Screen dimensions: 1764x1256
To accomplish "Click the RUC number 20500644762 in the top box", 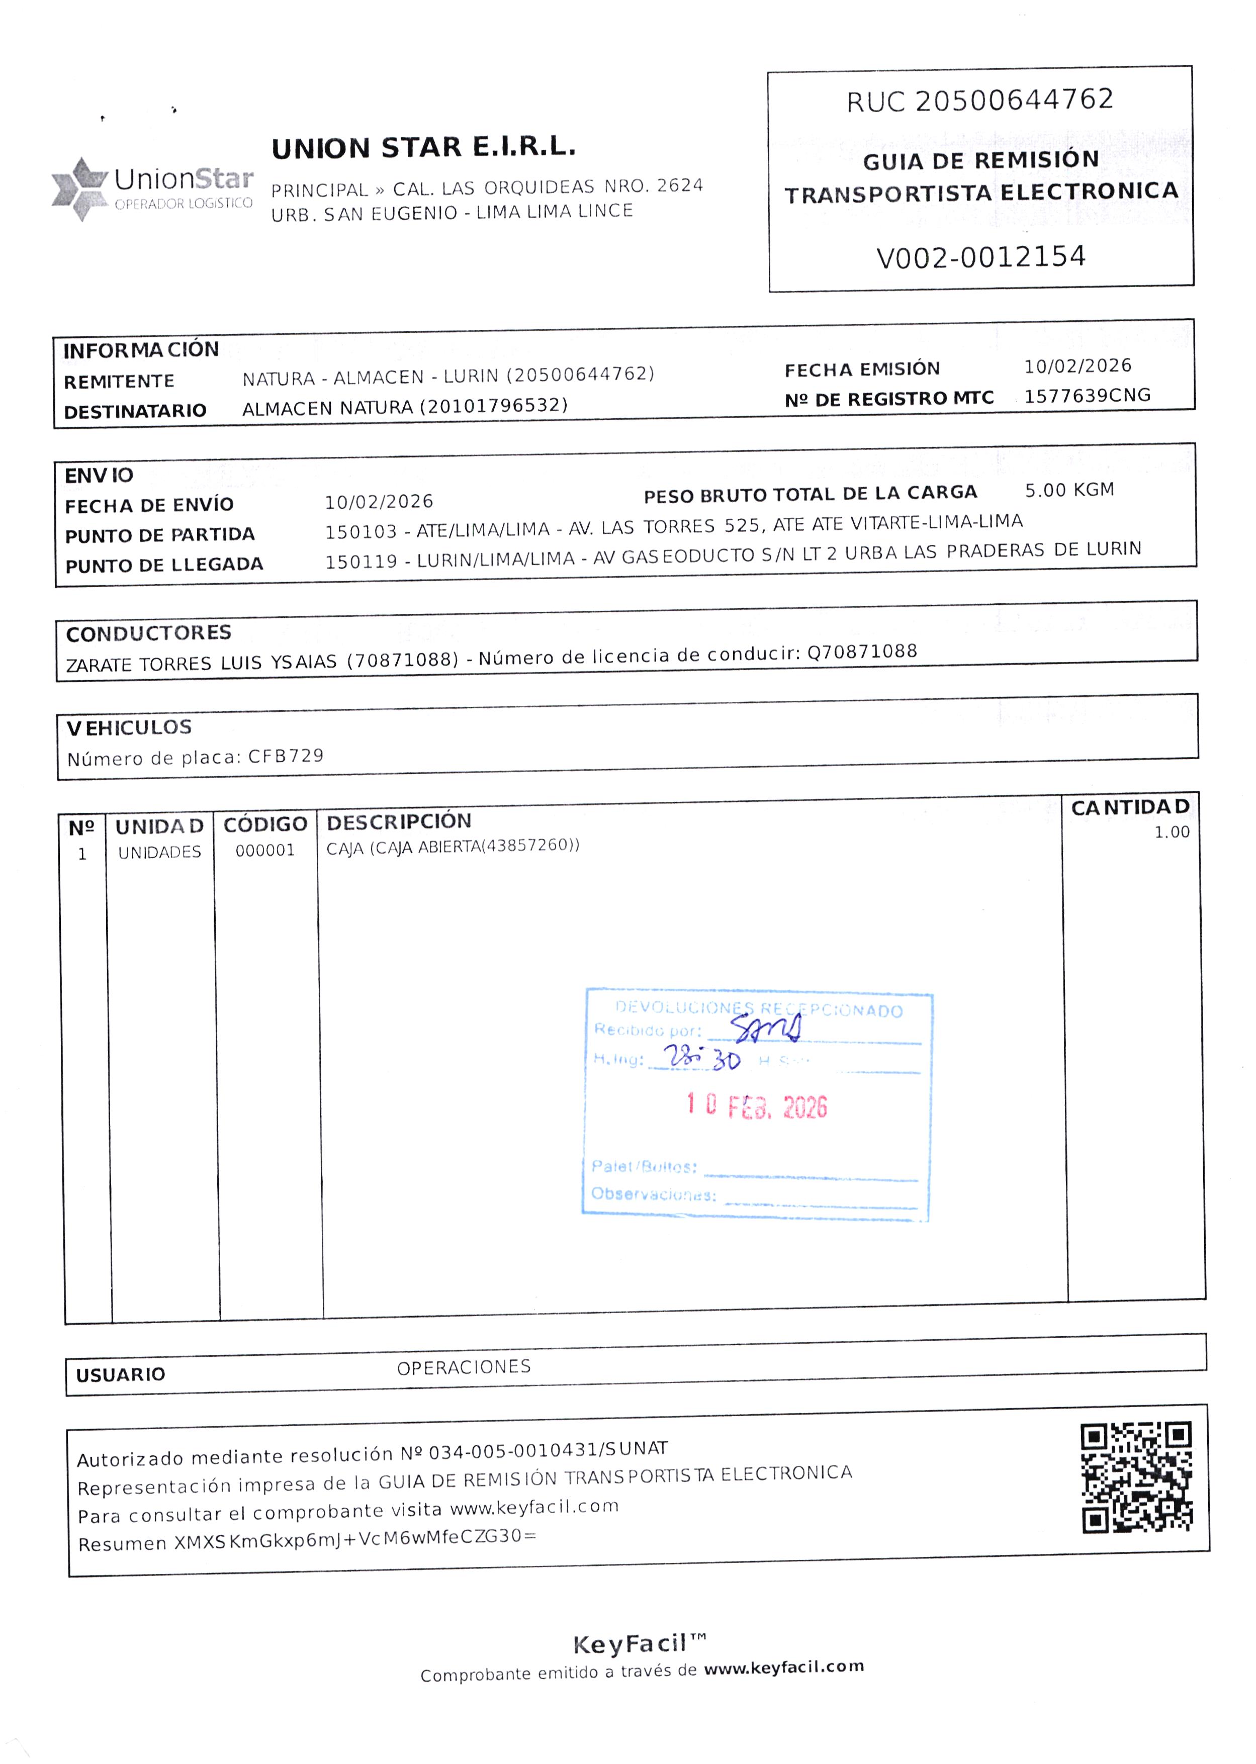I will pos(1014,100).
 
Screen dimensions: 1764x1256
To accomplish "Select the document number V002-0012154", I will pos(980,257).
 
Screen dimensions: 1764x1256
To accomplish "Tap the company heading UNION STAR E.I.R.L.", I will pos(423,147).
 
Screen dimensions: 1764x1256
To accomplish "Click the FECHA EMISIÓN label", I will pos(862,369).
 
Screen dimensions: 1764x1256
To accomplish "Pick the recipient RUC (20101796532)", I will pos(493,405).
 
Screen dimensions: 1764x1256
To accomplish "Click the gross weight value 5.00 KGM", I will pos(1069,490).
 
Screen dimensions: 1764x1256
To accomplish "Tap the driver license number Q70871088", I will pos(862,652).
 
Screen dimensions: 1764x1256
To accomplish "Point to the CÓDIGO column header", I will pos(265,824).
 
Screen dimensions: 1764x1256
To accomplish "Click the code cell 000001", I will pos(265,851).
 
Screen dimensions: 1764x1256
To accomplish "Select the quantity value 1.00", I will pos(1171,832).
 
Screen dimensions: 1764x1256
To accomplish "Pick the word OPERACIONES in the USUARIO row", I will pos(464,1367).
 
